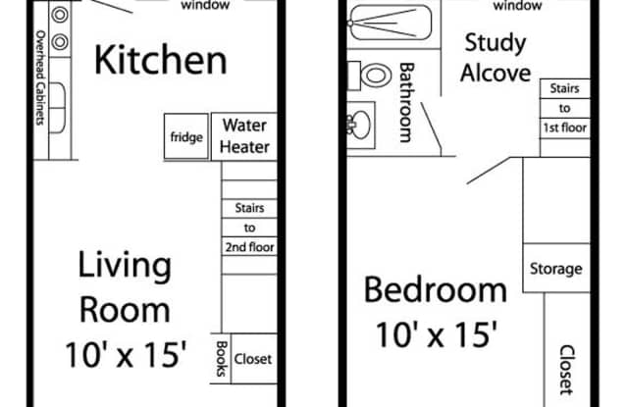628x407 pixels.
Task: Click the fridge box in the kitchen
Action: pyautogui.click(x=186, y=136)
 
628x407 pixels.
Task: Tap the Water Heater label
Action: pyautogui.click(x=244, y=136)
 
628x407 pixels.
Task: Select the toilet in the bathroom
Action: pyautogui.click(x=369, y=76)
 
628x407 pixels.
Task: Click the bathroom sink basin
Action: pyautogui.click(x=361, y=125)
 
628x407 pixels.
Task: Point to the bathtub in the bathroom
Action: pyautogui.click(x=391, y=24)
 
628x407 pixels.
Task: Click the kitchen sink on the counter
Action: pyautogui.click(x=57, y=108)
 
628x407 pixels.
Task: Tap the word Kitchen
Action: pyautogui.click(x=161, y=60)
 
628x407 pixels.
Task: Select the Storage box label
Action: pyautogui.click(x=556, y=269)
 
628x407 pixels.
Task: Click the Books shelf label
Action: pyautogui.click(x=222, y=359)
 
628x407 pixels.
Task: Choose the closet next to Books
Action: pyautogui.click(x=253, y=359)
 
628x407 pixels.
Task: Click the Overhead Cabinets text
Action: pyautogui.click(x=40, y=77)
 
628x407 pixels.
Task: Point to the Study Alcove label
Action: pyautogui.click(x=496, y=58)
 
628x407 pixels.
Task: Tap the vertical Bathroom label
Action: pyautogui.click(x=405, y=102)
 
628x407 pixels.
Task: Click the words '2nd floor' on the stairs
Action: pyautogui.click(x=249, y=247)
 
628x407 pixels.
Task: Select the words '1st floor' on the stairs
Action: pyautogui.click(x=565, y=127)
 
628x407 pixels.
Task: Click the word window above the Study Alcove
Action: pyautogui.click(x=517, y=5)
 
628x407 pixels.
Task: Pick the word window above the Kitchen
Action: pyautogui.click(x=205, y=5)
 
